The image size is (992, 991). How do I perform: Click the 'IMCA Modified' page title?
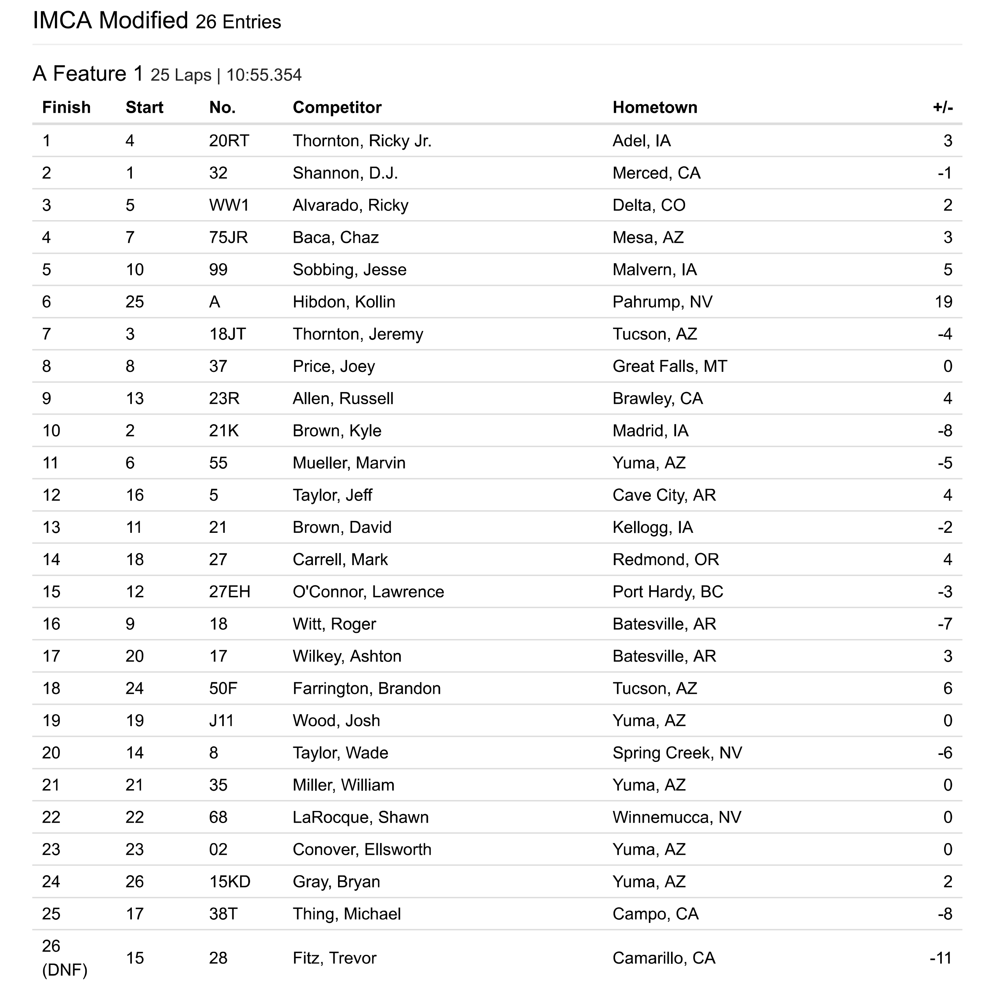[x=110, y=21]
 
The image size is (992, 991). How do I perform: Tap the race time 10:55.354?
[x=264, y=75]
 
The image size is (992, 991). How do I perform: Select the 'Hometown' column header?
[x=655, y=107]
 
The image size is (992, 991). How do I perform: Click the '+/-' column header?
[x=942, y=107]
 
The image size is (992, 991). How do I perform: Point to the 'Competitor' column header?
[x=337, y=107]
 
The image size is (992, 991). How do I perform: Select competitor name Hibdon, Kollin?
[x=344, y=302]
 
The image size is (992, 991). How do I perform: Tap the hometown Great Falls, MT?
[x=670, y=366]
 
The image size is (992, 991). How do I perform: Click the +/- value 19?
[x=943, y=302]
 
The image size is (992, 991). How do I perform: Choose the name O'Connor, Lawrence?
[x=368, y=592]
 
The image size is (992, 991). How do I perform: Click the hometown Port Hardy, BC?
[x=668, y=592]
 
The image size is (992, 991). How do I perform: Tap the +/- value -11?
[x=941, y=958]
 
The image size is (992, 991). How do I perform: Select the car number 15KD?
[x=230, y=882]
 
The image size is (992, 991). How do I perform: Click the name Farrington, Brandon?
[x=366, y=688]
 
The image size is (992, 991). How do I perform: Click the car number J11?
[x=221, y=720]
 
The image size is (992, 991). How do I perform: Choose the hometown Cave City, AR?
[x=664, y=495]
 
